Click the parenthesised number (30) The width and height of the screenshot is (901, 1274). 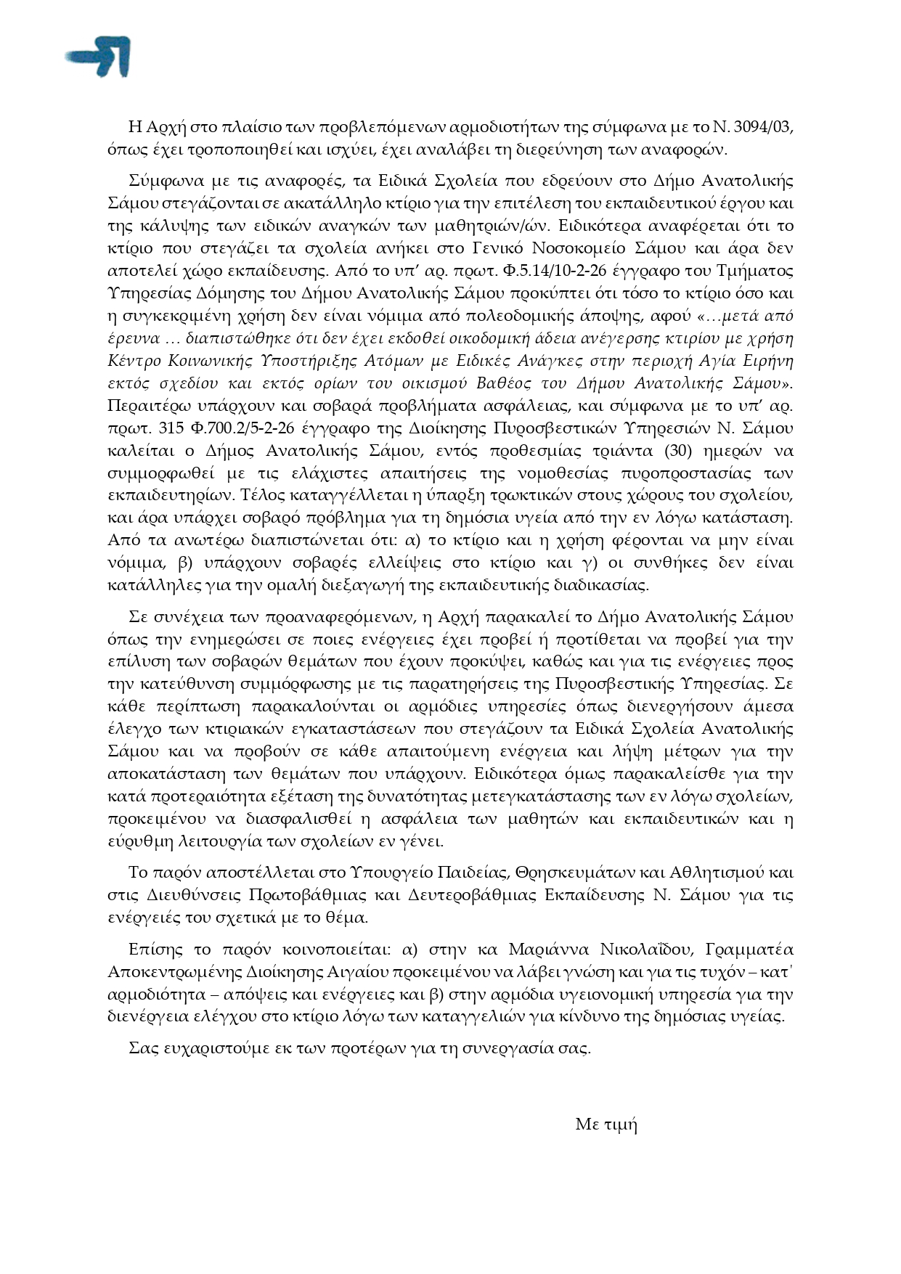(682, 451)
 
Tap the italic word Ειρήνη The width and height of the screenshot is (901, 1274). (765, 361)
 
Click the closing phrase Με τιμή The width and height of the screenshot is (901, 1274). (606, 1124)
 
